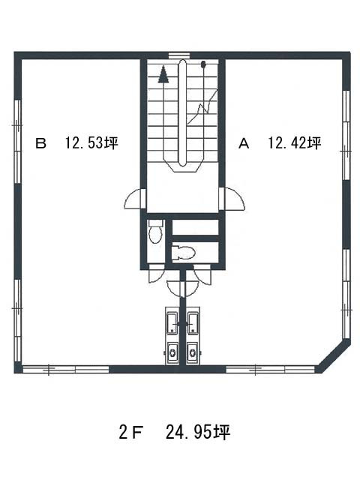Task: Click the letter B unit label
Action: pyautogui.click(x=40, y=143)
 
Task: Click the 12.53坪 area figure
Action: pyautogui.click(x=91, y=143)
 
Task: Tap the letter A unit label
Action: pyautogui.click(x=244, y=143)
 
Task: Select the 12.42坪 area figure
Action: pyautogui.click(x=295, y=143)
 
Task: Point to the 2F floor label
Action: pyautogui.click(x=130, y=432)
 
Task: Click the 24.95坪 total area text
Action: pyautogui.click(x=198, y=432)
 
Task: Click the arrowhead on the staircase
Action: pyautogui.click(x=163, y=74)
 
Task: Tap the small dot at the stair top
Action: pyautogui.click(x=203, y=64)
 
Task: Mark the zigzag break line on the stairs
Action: pyautogui.click(x=202, y=106)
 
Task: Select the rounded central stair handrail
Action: pyautogui.click(x=183, y=112)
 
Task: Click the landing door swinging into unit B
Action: pyautogui.click(x=134, y=199)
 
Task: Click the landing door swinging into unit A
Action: pyautogui.click(x=232, y=199)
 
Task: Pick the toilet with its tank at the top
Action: pyautogui.click(x=155, y=232)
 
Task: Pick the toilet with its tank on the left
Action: pyautogui.click(x=183, y=252)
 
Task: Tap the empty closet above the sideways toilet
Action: pyautogui.click(x=195, y=227)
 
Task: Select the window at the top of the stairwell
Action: pyautogui.click(x=180, y=55)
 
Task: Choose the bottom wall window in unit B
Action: pyautogui.click(x=66, y=369)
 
